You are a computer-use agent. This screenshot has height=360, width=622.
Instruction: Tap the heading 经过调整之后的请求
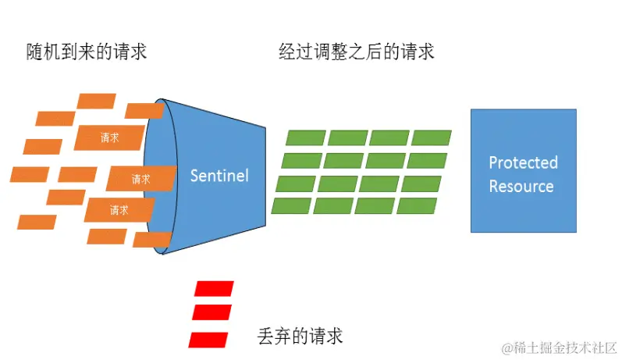(357, 52)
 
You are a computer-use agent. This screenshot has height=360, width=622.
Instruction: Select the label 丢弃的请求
(300, 337)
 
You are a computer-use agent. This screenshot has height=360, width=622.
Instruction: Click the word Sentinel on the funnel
(219, 176)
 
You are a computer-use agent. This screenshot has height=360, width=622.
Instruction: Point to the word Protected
(523, 162)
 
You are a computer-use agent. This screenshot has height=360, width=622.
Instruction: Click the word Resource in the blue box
(521, 187)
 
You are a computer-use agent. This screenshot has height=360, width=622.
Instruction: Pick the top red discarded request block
(214, 288)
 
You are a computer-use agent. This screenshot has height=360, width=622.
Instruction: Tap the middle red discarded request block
(211, 312)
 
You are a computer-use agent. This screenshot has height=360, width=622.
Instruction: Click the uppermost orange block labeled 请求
(109, 137)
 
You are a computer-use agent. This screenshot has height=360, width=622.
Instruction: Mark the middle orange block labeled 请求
(140, 178)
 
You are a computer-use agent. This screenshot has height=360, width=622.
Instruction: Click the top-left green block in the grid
(305, 138)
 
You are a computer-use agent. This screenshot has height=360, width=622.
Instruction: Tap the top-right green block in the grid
(432, 138)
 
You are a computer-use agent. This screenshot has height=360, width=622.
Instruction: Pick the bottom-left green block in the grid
(291, 206)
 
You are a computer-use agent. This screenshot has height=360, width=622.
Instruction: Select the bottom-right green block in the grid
(417, 206)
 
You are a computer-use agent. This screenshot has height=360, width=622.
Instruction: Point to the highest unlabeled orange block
(97, 101)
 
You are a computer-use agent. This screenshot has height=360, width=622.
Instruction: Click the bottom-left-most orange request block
(37, 222)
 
